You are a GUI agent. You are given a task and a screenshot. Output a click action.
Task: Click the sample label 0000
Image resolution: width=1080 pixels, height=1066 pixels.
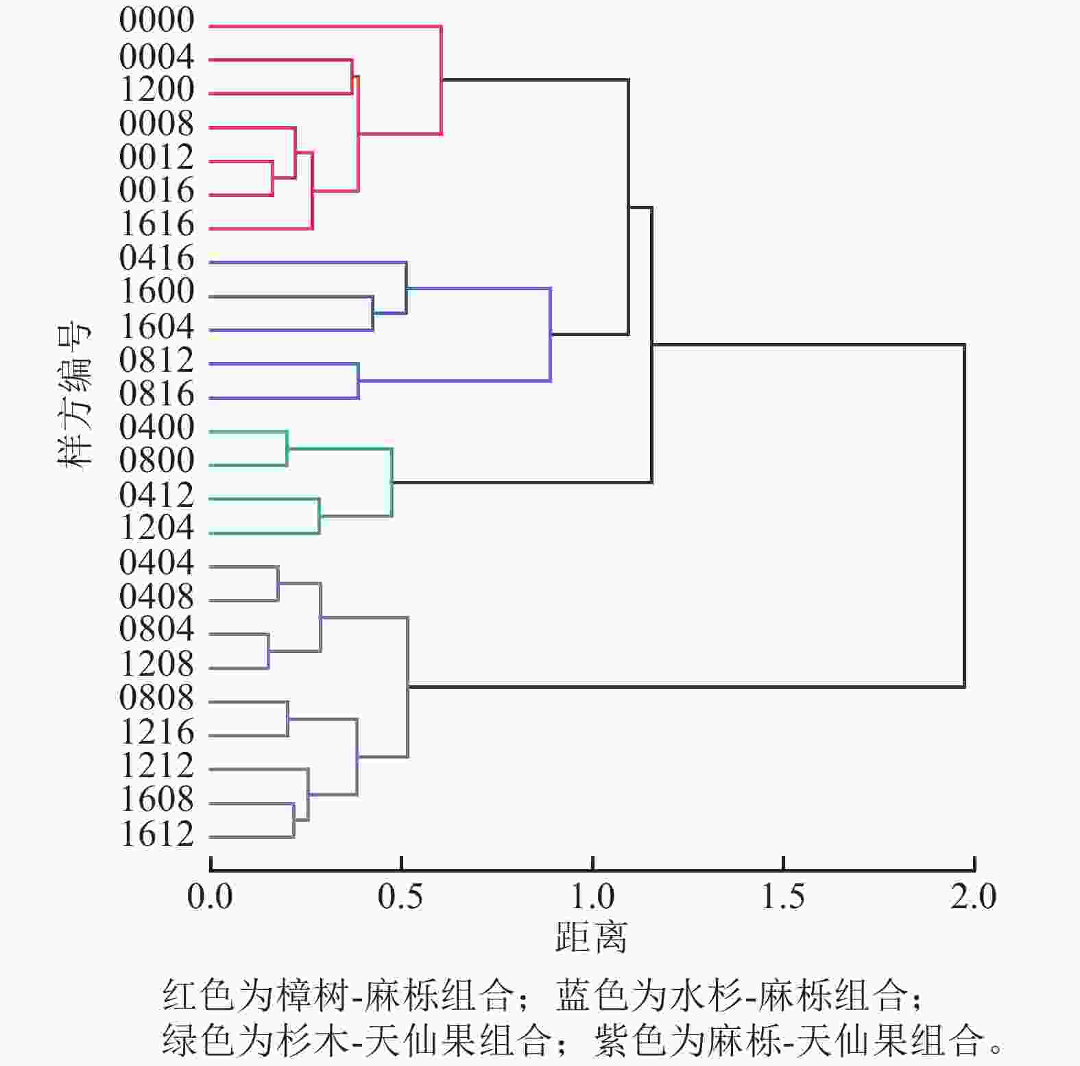(x=156, y=21)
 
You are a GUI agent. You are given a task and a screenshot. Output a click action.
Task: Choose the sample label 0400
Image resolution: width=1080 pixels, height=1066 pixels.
(x=156, y=428)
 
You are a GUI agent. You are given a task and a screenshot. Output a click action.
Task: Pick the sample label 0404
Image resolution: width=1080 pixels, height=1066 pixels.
(x=156, y=563)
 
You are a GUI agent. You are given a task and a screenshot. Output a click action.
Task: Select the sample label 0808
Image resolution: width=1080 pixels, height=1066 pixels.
(x=156, y=698)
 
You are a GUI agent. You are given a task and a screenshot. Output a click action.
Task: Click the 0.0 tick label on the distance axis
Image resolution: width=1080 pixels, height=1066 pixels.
(x=210, y=897)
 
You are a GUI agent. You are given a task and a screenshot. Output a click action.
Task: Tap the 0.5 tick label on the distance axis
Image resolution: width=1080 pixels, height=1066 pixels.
(x=400, y=897)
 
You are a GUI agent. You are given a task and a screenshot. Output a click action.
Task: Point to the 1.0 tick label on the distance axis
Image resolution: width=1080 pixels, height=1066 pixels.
(x=592, y=897)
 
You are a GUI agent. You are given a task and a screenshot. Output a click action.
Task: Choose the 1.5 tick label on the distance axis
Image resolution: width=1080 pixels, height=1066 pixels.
(x=783, y=897)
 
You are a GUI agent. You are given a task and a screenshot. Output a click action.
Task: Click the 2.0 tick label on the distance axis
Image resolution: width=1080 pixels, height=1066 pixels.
(x=973, y=897)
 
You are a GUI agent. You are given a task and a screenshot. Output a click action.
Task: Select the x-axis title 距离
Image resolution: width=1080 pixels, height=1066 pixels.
(x=591, y=937)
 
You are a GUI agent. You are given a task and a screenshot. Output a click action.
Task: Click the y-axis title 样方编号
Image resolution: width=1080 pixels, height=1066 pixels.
(x=74, y=396)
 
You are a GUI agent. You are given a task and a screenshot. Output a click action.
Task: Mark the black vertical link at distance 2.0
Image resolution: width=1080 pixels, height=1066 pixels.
(x=964, y=514)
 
